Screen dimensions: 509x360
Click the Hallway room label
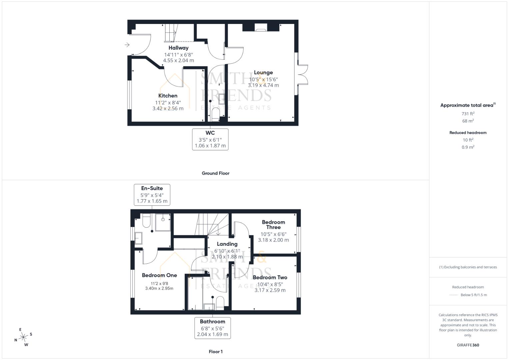(x=178, y=48)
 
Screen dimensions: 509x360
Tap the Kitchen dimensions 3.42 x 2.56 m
(x=168, y=108)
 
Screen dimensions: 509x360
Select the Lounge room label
(x=263, y=73)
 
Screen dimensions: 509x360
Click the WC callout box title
(x=210, y=133)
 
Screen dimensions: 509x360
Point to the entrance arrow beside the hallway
(x=127, y=45)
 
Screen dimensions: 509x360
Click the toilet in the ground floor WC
(x=215, y=113)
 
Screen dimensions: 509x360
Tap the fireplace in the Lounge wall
(x=261, y=27)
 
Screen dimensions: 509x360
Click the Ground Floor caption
(x=216, y=173)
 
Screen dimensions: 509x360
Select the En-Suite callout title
(x=152, y=188)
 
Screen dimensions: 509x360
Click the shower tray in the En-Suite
(x=163, y=222)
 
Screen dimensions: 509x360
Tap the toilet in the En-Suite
(x=147, y=220)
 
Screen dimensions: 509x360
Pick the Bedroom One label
(x=159, y=275)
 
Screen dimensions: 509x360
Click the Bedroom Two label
(x=270, y=277)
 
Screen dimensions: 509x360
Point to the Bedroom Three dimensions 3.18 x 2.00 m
(x=273, y=240)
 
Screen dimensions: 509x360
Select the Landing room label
(x=227, y=244)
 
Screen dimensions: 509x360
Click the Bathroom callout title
(x=212, y=322)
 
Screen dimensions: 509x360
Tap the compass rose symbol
(x=23, y=337)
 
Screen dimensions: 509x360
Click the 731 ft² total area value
(x=468, y=113)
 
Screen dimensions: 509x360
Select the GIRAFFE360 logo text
(x=468, y=345)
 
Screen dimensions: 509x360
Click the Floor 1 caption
(x=216, y=352)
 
